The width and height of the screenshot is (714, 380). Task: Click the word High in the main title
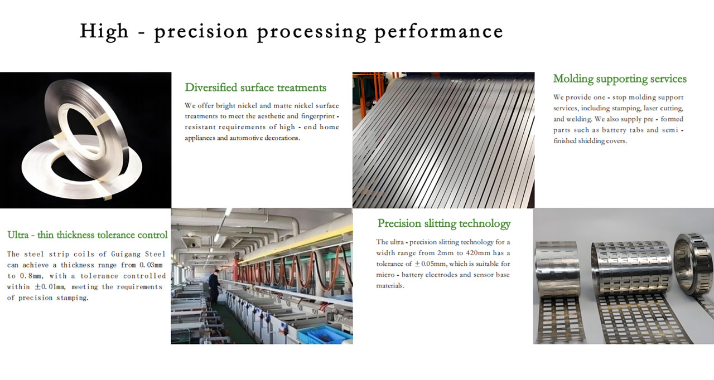[x=104, y=32]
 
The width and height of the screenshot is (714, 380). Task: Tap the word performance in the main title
[x=439, y=32]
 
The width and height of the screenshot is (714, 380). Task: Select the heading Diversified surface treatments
[x=255, y=87]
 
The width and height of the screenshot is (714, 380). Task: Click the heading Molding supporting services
[x=620, y=79]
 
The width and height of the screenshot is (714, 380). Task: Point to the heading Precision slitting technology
[x=444, y=224]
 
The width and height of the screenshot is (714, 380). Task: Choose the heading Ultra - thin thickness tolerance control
[x=88, y=235]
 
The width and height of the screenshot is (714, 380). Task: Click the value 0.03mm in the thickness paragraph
[x=151, y=265]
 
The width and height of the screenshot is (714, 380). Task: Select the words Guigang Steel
[x=138, y=254]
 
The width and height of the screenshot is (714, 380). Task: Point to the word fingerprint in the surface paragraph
[x=318, y=116]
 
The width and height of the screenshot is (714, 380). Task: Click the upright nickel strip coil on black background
[x=86, y=127]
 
